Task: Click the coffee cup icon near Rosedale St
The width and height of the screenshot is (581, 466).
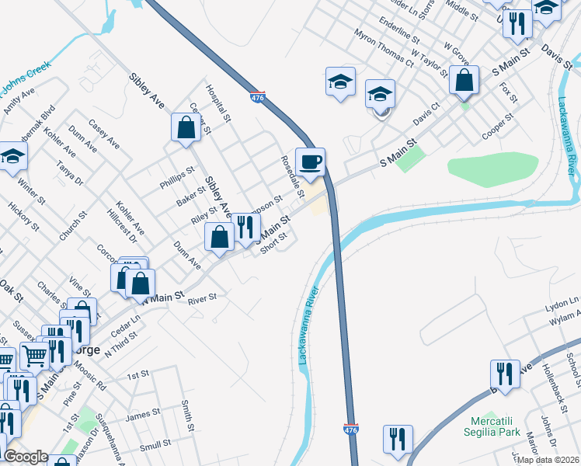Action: [x=310, y=162]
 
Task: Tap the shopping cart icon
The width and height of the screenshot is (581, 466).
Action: [x=34, y=356]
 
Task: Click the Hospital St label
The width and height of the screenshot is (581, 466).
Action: [x=219, y=104]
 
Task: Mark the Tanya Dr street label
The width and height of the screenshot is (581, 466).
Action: [x=68, y=172]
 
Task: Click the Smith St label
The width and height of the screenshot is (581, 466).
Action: [x=187, y=416]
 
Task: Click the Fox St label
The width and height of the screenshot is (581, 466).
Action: [x=510, y=92]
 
